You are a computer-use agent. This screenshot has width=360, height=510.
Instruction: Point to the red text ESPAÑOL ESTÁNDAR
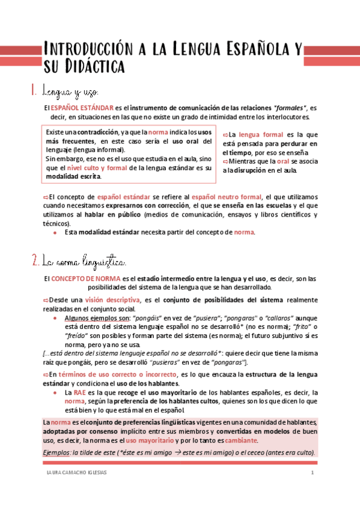coord(81,108)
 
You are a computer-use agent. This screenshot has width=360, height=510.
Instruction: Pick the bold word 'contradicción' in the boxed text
coord(95,131)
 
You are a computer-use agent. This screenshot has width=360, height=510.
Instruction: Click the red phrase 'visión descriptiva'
coord(113,300)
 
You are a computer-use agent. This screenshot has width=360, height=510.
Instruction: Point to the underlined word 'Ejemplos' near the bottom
coord(56,452)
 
